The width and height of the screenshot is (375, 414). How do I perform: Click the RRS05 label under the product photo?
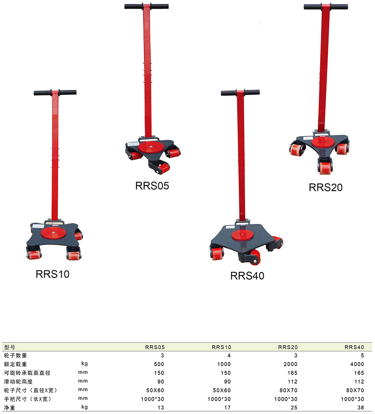point(152,186)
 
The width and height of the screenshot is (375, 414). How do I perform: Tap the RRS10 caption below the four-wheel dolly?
point(52,274)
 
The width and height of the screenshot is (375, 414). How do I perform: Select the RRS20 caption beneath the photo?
point(325,187)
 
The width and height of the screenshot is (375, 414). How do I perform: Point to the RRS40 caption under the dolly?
point(247,275)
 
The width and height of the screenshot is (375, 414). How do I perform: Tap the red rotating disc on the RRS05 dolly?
point(151,146)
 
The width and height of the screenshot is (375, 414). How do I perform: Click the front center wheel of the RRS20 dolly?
point(325,168)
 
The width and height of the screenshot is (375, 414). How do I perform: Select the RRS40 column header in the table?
point(354,347)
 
